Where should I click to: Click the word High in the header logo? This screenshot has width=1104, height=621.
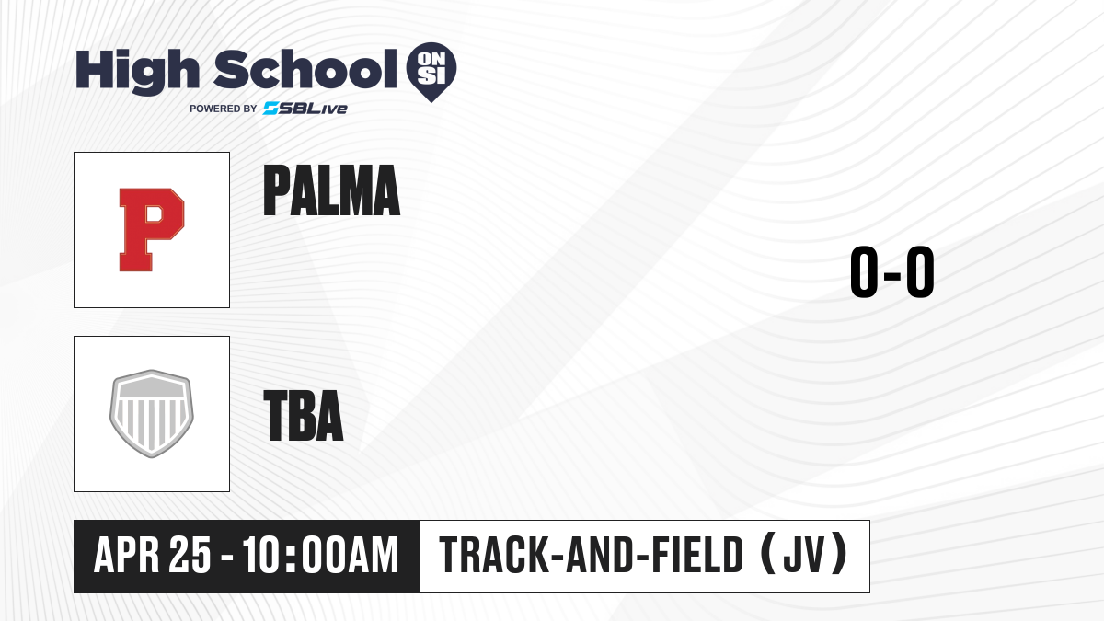pyautogui.click(x=137, y=72)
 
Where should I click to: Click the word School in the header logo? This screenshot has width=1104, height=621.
pyautogui.click(x=305, y=69)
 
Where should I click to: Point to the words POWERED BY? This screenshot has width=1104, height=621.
pyautogui.click(x=224, y=109)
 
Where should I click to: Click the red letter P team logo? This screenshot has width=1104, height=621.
pyautogui.click(x=152, y=230)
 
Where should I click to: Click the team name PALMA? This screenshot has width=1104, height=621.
pyautogui.click(x=331, y=190)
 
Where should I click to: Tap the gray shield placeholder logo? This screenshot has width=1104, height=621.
pyautogui.click(x=152, y=414)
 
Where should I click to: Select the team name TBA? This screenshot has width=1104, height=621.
pyautogui.click(x=304, y=416)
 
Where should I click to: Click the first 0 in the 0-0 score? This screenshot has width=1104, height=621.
pyautogui.click(x=864, y=271)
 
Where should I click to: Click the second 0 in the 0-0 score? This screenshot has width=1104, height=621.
pyautogui.click(x=920, y=271)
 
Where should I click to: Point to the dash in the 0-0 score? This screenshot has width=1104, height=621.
pyautogui.click(x=892, y=275)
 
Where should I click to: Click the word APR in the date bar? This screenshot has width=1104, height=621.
pyautogui.click(x=127, y=555)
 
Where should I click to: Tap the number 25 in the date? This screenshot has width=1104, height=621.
pyautogui.click(x=190, y=555)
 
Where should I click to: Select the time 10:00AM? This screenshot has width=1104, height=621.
pyautogui.click(x=321, y=555)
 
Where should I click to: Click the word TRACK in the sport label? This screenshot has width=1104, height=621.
pyautogui.click(x=494, y=555)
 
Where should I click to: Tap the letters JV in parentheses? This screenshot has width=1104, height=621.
pyautogui.click(x=804, y=555)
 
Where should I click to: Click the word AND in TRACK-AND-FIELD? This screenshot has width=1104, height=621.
pyautogui.click(x=600, y=555)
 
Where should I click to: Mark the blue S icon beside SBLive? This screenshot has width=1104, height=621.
pyautogui.click(x=271, y=109)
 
